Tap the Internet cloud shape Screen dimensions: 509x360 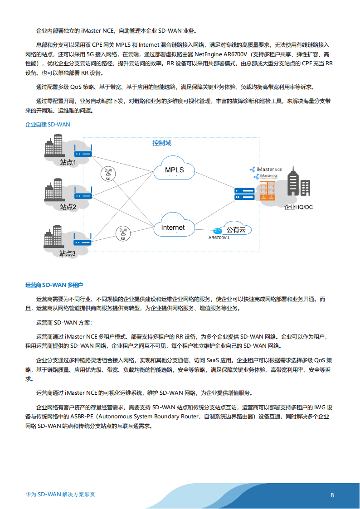(x=173, y=227)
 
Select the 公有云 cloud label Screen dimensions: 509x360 (x=236, y=230)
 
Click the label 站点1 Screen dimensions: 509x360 (x=68, y=162)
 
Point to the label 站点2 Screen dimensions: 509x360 (x=68, y=207)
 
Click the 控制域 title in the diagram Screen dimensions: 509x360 (x=161, y=143)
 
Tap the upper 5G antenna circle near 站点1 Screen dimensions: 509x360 (x=108, y=174)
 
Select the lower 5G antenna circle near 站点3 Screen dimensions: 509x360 (x=123, y=233)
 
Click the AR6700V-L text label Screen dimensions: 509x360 (x=219, y=238)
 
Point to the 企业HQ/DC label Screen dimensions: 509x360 (x=298, y=207)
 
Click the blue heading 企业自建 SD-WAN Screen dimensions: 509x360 (x=48, y=124)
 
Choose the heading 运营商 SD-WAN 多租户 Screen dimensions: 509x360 (x=54, y=285)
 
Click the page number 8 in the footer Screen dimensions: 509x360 (x=332, y=495)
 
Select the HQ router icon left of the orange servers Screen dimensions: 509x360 (x=244, y=194)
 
